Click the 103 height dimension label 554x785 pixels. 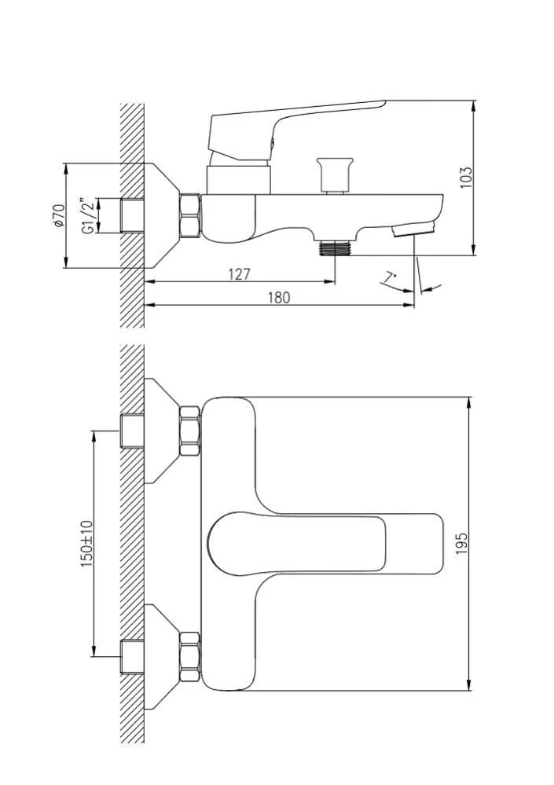point(467,176)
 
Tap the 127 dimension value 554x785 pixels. point(239,273)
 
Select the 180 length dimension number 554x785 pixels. point(278,297)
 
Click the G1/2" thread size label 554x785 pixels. point(88,216)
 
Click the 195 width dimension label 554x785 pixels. point(461,542)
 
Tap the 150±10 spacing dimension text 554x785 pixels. point(87,542)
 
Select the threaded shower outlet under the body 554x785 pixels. point(335,248)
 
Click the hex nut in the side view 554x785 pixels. point(190,215)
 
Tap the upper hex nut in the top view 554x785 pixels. point(189,431)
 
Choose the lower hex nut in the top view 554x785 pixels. point(189,655)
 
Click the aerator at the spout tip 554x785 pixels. point(414,229)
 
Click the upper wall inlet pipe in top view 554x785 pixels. point(132,431)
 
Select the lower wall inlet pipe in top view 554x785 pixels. point(132,655)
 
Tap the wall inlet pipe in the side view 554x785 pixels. point(132,215)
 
